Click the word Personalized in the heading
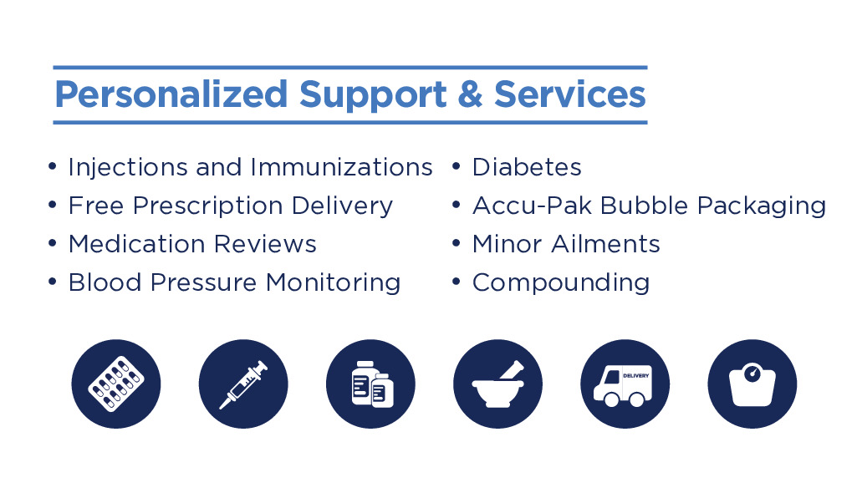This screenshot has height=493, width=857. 171,94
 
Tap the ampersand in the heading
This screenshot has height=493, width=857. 470,94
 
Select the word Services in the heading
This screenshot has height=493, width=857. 570,94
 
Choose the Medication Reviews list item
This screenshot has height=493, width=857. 192,244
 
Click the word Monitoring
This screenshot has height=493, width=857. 334,283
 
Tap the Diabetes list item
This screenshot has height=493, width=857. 527,167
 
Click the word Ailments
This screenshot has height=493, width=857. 605,244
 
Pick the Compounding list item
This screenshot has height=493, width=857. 561,283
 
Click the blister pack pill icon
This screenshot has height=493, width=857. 116,384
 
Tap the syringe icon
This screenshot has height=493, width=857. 243,384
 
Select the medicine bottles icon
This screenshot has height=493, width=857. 370,384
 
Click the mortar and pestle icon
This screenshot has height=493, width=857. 498,384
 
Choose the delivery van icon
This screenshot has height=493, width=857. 625,384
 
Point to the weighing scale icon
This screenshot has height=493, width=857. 752,384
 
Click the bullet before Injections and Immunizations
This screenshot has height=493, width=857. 53,166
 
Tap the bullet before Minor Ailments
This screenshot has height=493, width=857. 457,243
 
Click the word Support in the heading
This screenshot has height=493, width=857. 373,95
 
